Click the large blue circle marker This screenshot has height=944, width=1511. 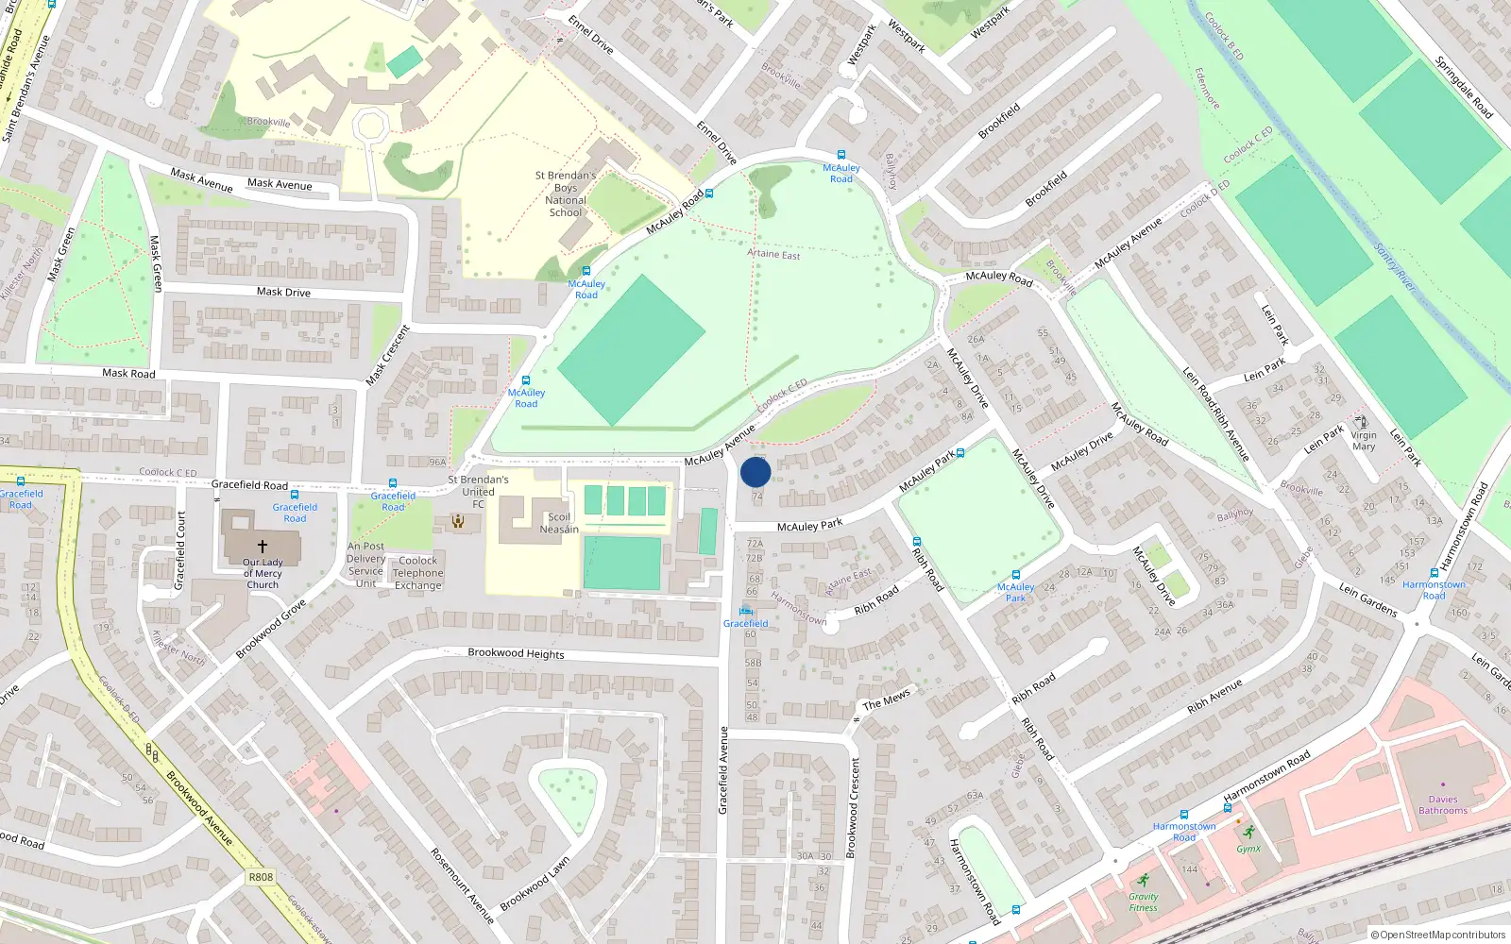pyautogui.click(x=755, y=472)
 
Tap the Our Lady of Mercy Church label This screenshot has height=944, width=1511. pyautogui.click(x=263, y=573)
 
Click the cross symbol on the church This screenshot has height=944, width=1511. pyautogui.click(x=263, y=546)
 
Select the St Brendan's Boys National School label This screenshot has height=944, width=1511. pyautogui.click(x=566, y=194)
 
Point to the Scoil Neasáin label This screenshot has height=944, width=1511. pyautogui.click(x=559, y=523)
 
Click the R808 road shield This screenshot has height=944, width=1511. pyautogui.click(x=261, y=877)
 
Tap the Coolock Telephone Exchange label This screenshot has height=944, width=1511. pyautogui.click(x=417, y=573)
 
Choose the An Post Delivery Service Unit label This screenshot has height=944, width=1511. pyautogui.click(x=365, y=565)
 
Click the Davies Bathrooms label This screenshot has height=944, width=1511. pyautogui.click(x=1442, y=804)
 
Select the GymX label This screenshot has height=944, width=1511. pyautogui.click(x=1248, y=849)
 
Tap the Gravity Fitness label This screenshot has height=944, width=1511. pyautogui.click(x=1143, y=902)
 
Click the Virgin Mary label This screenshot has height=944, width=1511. pyautogui.click(x=1364, y=441)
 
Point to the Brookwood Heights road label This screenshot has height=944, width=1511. pyautogui.click(x=516, y=653)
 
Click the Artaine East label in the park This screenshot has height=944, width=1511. pyautogui.click(x=773, y=255)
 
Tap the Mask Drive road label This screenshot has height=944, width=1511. pyautogui.click(x=283, y=292)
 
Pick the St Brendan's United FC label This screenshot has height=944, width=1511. pyautogui.click(x=478, y=491)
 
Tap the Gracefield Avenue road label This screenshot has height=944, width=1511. pyautogui.click(x=723, y=769)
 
